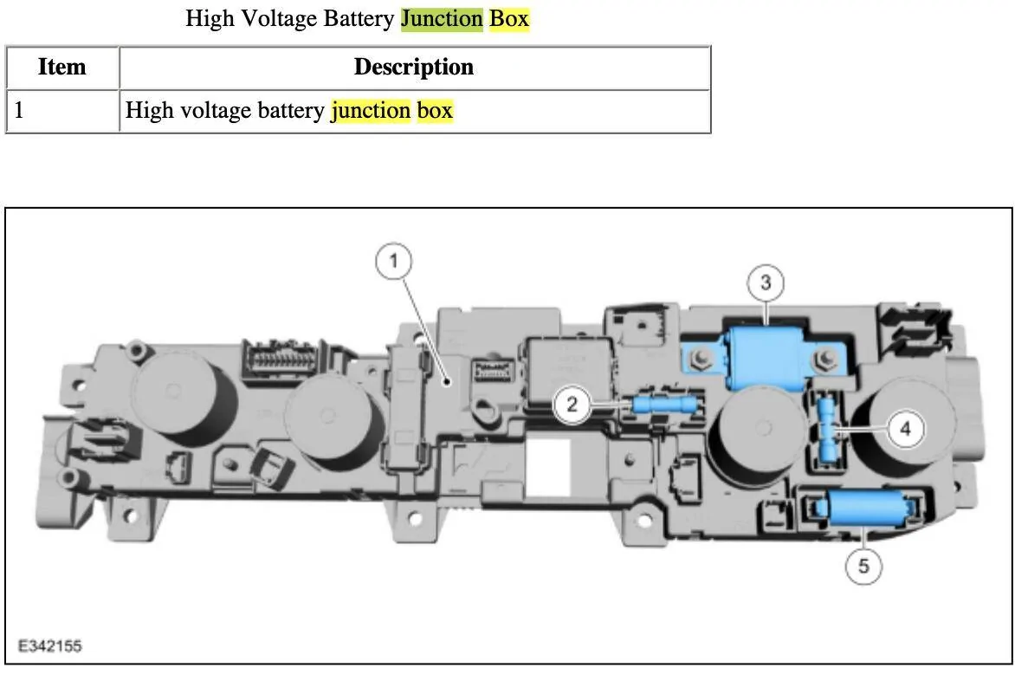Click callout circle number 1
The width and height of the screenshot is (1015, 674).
tap(393, 262)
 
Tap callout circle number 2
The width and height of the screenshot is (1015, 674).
tap(572, 405)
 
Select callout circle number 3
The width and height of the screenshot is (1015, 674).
tap(766, 283)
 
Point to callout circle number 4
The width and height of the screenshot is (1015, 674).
tap(905, 428)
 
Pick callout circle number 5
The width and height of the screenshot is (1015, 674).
tap(863, 566)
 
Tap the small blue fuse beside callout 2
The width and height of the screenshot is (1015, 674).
tap(664, 406)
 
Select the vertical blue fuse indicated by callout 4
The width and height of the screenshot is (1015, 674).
tap(826, 430)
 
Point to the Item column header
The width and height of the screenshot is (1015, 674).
tap(62, 67)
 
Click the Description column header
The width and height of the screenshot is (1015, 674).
tap(414, 67)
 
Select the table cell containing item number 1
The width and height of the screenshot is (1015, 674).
tap(63, 111)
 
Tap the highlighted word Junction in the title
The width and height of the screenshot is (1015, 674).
tap(443, 19)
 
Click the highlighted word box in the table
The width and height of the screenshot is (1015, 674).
tap(435, 110)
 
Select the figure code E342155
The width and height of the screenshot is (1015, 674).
tap(50, 645)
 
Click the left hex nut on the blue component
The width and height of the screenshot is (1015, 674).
tap(700, 358)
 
